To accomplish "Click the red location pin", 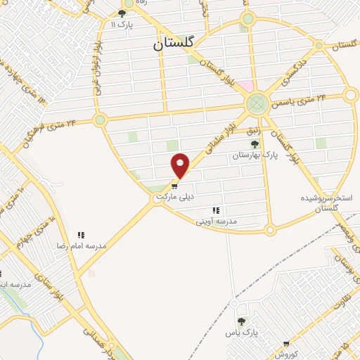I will [181, 165].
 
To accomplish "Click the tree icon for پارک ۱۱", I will [122, 13].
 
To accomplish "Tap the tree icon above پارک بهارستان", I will [254, 143].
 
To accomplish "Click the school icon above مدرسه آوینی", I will [216, 210].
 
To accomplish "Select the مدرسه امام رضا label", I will [82, 247].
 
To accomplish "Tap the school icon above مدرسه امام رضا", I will [81, 235].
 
